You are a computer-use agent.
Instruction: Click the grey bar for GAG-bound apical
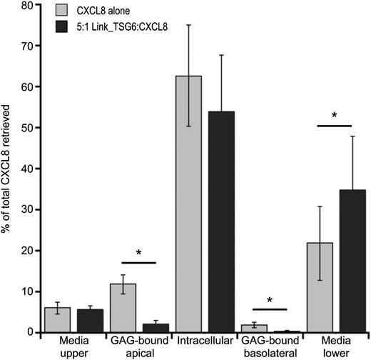click(128, 308)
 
